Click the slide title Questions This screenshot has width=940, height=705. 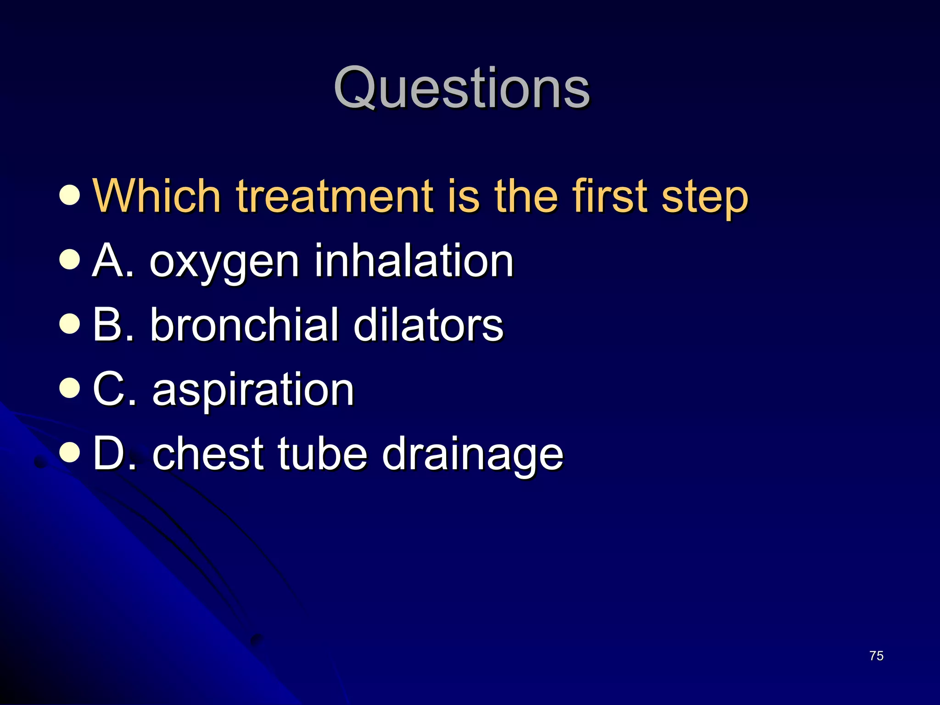(x=461, y=88)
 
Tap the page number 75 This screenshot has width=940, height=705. (x=876, y=656)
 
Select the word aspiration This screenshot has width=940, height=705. (x=253, y=390)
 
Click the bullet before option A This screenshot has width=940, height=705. (x=70, y=259)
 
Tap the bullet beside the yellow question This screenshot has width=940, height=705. (x=70, y=195)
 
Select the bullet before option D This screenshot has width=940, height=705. (x=70, y=452)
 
